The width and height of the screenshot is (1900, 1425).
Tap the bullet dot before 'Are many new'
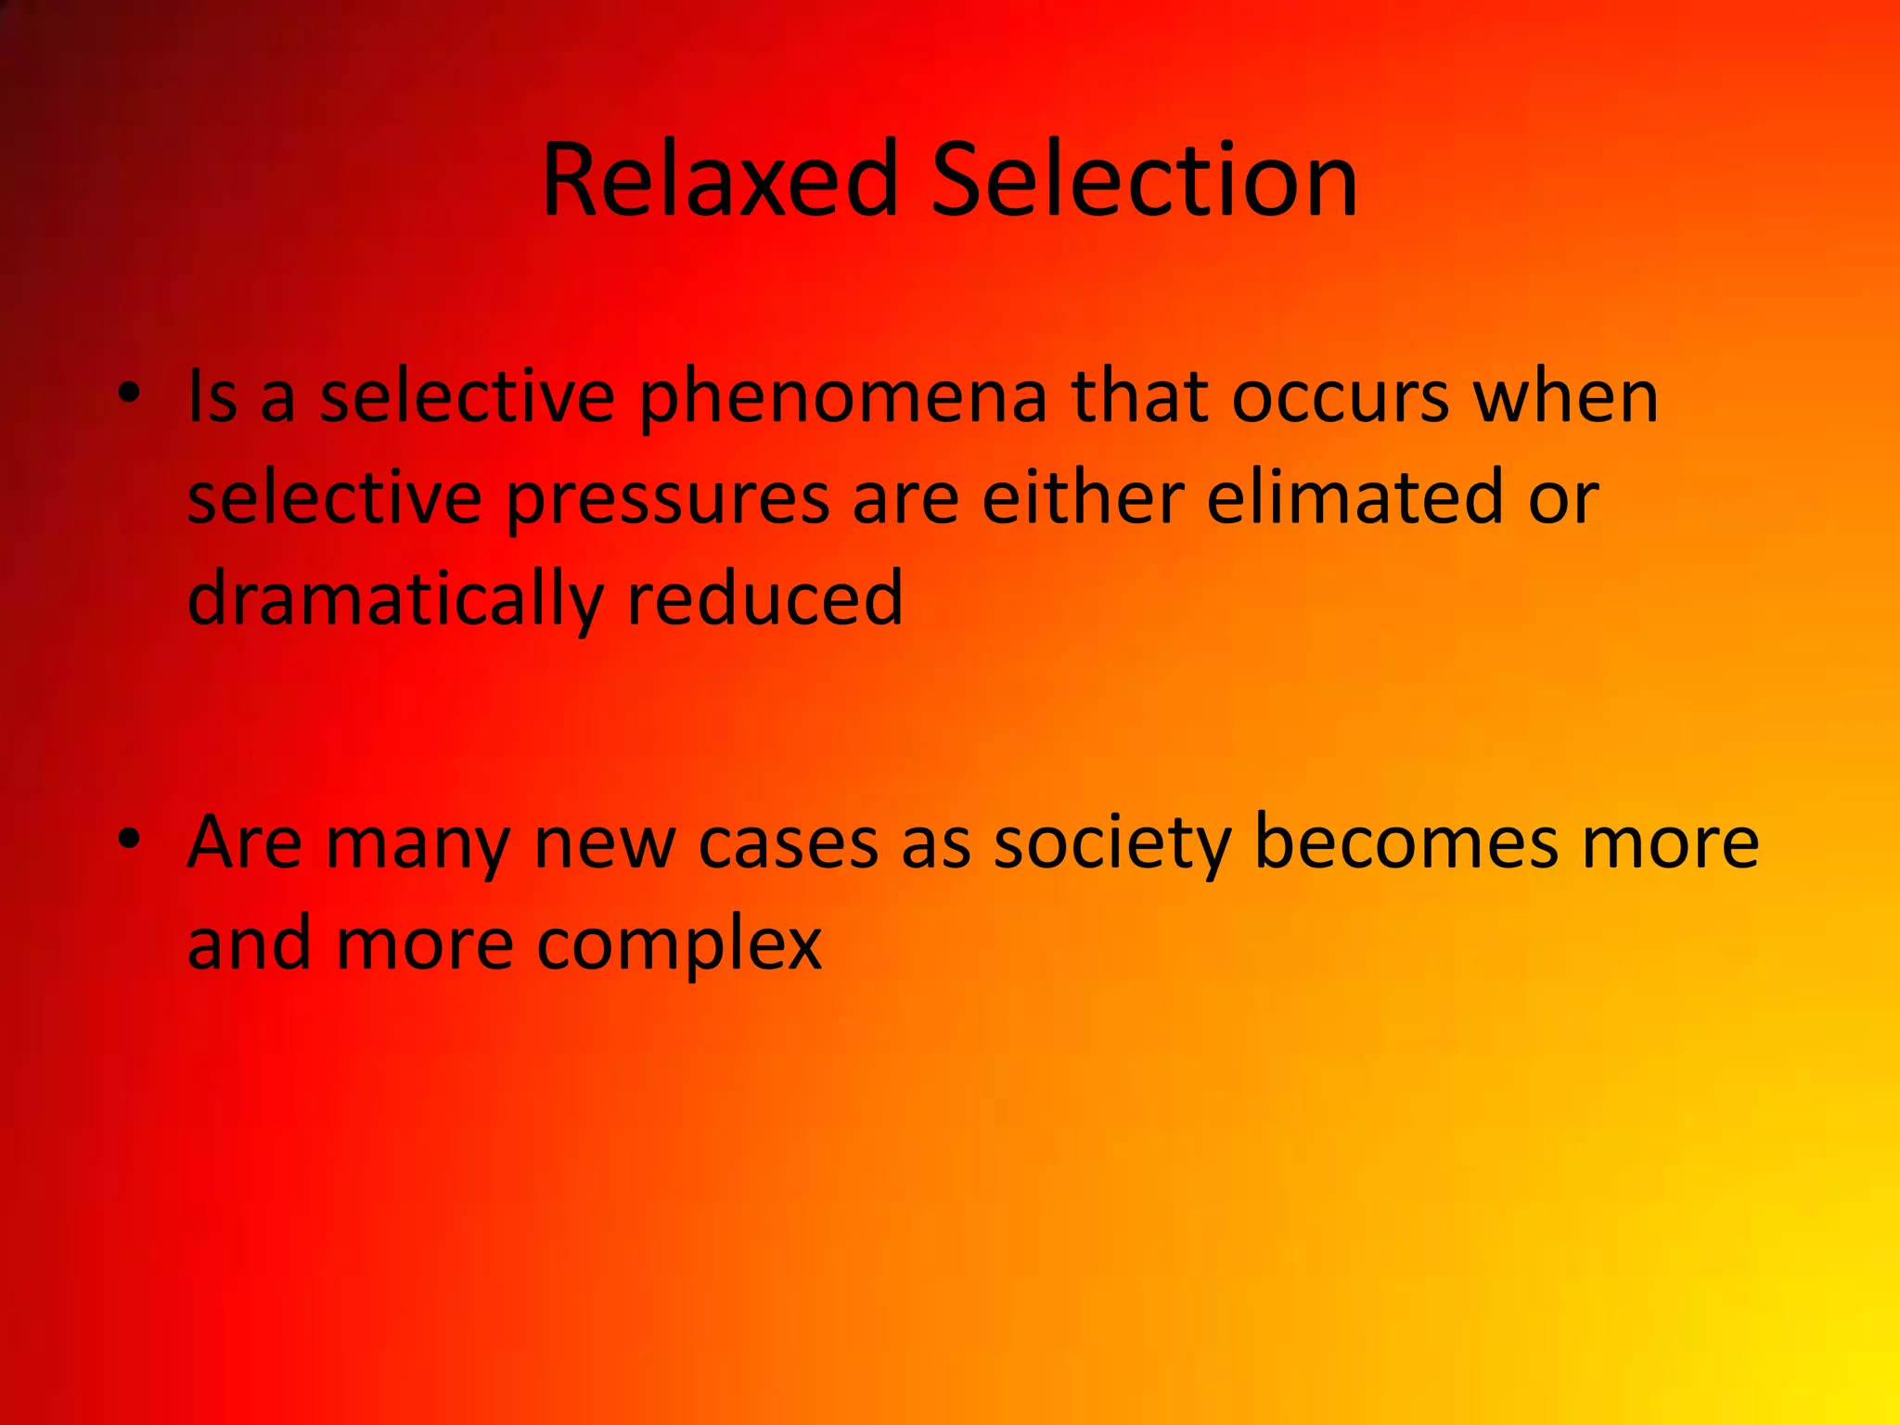[x=129, y=839]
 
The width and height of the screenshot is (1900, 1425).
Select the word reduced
[x=764, y=598]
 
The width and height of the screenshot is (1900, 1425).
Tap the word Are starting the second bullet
[x=244, y=842]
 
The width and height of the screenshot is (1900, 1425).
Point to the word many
[x=417, y=846]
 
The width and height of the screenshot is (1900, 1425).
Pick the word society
[x=1111, y=846]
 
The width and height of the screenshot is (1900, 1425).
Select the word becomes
[x=1406, y=842]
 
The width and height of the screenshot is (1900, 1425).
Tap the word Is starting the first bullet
[x=212, y=397]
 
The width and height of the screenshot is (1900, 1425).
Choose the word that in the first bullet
[x=1139, y=397]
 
